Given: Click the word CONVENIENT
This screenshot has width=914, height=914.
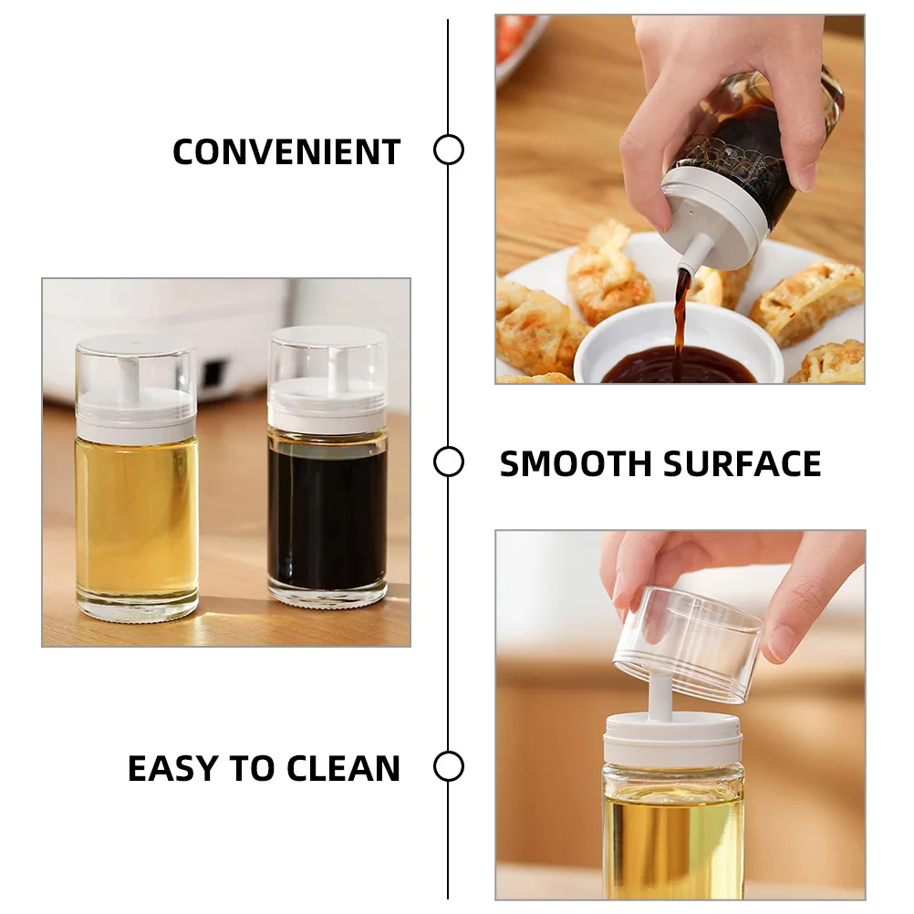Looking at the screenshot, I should [286, 151].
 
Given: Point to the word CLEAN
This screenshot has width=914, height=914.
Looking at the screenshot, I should [344, 769].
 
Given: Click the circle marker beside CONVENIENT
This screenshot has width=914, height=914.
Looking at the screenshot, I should [448, 150].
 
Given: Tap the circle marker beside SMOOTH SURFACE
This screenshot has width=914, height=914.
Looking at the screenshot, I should [448, 462].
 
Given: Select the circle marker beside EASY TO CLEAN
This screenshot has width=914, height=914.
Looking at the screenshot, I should [448, 766].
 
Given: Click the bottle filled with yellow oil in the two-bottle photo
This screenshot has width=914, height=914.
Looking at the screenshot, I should [136, 515].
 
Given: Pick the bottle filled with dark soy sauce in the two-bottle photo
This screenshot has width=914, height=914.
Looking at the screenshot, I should [327, 511].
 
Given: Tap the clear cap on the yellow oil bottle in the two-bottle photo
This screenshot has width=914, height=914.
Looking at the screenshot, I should [135, 369].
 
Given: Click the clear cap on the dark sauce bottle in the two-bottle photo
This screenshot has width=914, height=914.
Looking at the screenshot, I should [327, 360].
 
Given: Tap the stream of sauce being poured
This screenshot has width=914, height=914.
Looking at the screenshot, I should [680, 315].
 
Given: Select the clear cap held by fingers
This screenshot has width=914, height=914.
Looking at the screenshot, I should [689, 643].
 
